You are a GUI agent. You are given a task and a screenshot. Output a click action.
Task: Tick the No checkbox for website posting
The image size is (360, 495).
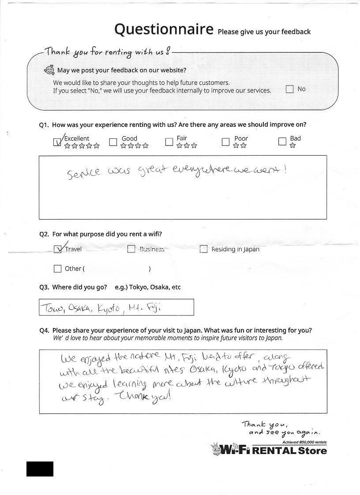coord(289,89)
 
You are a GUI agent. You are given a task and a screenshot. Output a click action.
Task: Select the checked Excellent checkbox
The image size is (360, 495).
coord(56,142)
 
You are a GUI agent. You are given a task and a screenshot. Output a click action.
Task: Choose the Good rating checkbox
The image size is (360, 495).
coord(113,142)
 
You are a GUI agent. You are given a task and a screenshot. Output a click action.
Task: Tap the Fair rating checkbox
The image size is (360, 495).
coord(169,142)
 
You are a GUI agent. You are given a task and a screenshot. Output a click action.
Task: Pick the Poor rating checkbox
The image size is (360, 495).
coord(225,142)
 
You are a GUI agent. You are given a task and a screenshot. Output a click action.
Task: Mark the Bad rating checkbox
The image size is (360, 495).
coord(282,142)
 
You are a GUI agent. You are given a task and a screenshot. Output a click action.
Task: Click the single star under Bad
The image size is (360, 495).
coord(292,146)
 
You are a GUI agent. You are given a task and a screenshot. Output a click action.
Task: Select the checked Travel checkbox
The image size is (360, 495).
coord(57,249)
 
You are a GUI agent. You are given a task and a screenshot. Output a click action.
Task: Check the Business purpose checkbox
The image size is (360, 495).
coord(131,249)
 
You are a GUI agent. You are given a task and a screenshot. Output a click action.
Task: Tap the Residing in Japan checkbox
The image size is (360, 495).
coord(203,249)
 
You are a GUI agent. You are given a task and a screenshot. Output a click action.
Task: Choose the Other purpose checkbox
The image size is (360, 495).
coord(57,268)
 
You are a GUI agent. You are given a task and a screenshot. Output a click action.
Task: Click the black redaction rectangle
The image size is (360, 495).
coord(40,469)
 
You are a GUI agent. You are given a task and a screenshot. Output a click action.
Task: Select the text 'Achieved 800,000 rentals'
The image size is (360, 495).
coord(304,442)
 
